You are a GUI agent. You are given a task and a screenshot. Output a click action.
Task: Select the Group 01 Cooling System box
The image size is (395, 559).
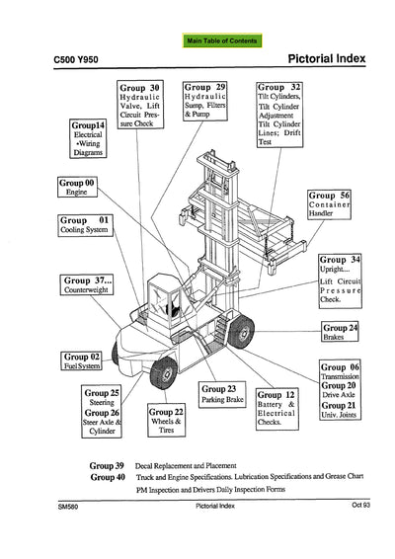85,224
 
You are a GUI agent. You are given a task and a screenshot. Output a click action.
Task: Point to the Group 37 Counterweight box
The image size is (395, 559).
90,285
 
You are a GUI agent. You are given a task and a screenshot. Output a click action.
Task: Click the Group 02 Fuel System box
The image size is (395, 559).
83,360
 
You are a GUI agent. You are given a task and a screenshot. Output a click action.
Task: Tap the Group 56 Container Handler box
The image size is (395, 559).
336,204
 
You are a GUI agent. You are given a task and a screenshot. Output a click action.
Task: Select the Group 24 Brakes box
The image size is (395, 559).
340,332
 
